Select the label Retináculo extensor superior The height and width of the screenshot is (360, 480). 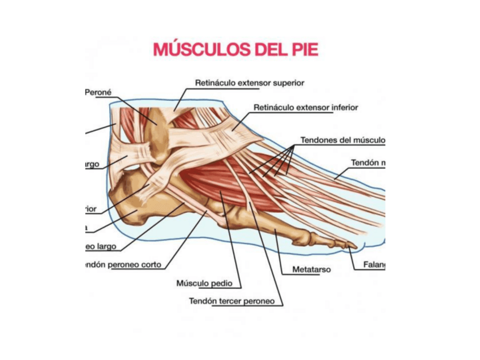tap(250, 83)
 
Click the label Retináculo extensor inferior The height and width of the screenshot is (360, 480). tap(306, 107)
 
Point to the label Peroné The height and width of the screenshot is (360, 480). tap(98, 92)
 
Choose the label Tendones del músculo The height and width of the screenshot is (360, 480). tap(342, 139)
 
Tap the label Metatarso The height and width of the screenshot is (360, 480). tap(311, 269)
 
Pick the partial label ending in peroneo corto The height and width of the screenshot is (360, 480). tap(122, 264)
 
